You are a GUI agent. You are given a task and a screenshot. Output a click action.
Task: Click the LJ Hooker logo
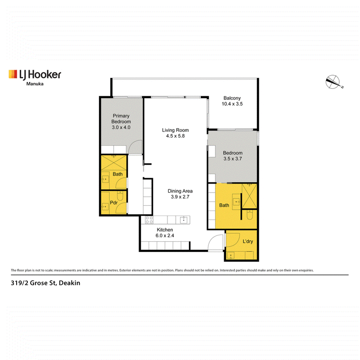click(35, 75)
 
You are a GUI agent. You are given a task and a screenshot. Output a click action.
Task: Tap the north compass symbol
click(333, 82)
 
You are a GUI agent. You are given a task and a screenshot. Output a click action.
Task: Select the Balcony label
click(232, 98)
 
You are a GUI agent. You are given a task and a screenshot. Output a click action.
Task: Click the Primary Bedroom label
click(121, 119)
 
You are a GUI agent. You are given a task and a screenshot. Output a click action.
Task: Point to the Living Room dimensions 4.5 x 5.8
click(175, 136)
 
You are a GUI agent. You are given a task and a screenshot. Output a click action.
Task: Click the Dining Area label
click(180, 191)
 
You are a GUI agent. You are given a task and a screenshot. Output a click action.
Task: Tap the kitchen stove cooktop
click(149, 220)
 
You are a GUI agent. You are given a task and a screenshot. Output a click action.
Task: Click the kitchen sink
click(184, 220)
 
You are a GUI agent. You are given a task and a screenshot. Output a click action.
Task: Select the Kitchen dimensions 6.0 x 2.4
click(165, 235)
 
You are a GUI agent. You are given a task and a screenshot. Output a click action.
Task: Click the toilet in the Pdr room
click(120, 196)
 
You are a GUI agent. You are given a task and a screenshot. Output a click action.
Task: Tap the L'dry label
click(248, 241)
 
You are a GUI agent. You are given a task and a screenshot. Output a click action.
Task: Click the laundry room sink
click(230, 255)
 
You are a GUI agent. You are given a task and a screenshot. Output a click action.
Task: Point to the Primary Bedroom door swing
click(135, 147)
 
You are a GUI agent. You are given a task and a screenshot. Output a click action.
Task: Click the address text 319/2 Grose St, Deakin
click(45, 283)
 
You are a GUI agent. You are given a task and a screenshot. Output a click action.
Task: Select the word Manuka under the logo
click(35, 84)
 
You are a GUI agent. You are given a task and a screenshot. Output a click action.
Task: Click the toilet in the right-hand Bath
click(250, 215)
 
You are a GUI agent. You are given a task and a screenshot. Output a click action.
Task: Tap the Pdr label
click(114, 203)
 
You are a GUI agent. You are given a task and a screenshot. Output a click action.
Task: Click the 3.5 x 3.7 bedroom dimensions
click(233, 159)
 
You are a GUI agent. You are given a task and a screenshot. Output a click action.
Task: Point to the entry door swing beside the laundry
click(216, 243)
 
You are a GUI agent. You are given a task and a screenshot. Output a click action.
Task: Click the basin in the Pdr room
click(105, 207)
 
